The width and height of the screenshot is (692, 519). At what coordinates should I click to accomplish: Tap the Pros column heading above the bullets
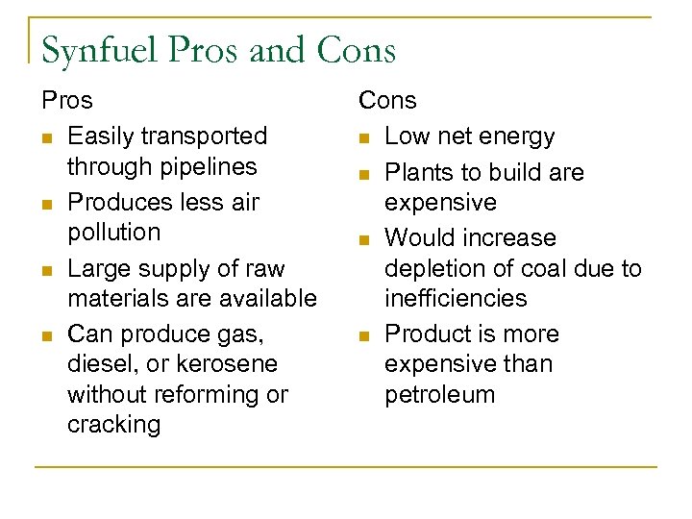[x=66, y=100]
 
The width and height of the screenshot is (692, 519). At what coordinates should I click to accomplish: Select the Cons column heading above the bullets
[x=387, y=100]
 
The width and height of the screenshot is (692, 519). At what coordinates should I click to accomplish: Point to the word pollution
[x=113, y=232]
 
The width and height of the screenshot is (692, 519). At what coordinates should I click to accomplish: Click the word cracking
[x=113, y=425]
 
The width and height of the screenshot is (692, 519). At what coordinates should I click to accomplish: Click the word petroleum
[x=439, y=394]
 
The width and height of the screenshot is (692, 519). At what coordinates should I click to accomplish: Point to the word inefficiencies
[x=456, y=298]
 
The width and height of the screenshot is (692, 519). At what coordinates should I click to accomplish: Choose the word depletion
[x=430, y=268]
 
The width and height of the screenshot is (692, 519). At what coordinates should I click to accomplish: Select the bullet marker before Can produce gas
[x=45, y=335]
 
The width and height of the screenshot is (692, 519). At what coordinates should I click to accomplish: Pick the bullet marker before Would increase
[x=364, y=239]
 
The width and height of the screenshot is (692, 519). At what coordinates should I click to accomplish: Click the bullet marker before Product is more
[x=364, y=335]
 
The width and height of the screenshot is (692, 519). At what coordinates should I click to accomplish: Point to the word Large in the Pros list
[x=94, y=268]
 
